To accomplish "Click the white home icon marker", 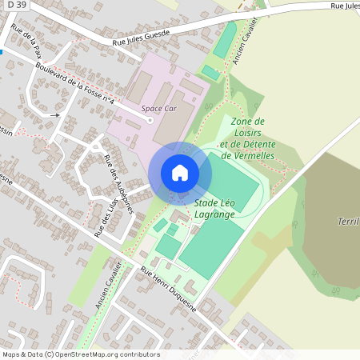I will click(180, 172).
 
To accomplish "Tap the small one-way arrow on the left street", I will click(54, 115).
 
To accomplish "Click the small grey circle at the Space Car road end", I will click(150, 121).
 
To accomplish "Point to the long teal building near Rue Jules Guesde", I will click(225, 39).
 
